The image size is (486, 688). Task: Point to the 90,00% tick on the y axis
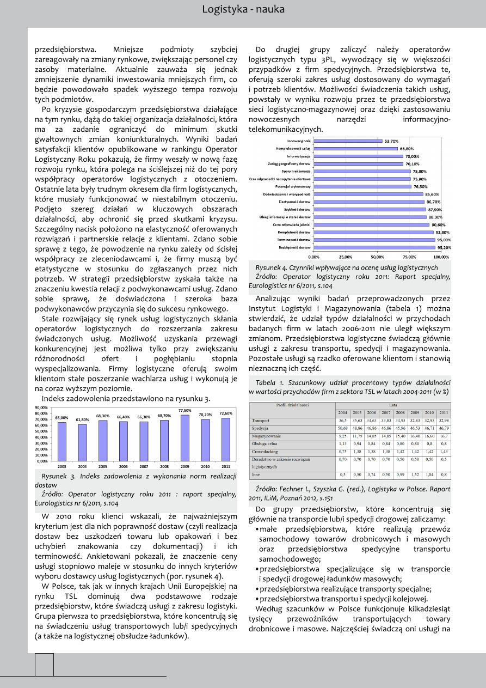[x=41, y=407]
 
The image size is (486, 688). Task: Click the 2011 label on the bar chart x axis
[x=225, y=467]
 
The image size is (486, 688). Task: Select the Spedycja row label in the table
[x=261, y=429]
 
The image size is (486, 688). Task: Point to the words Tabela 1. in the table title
[x=268, y=382]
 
